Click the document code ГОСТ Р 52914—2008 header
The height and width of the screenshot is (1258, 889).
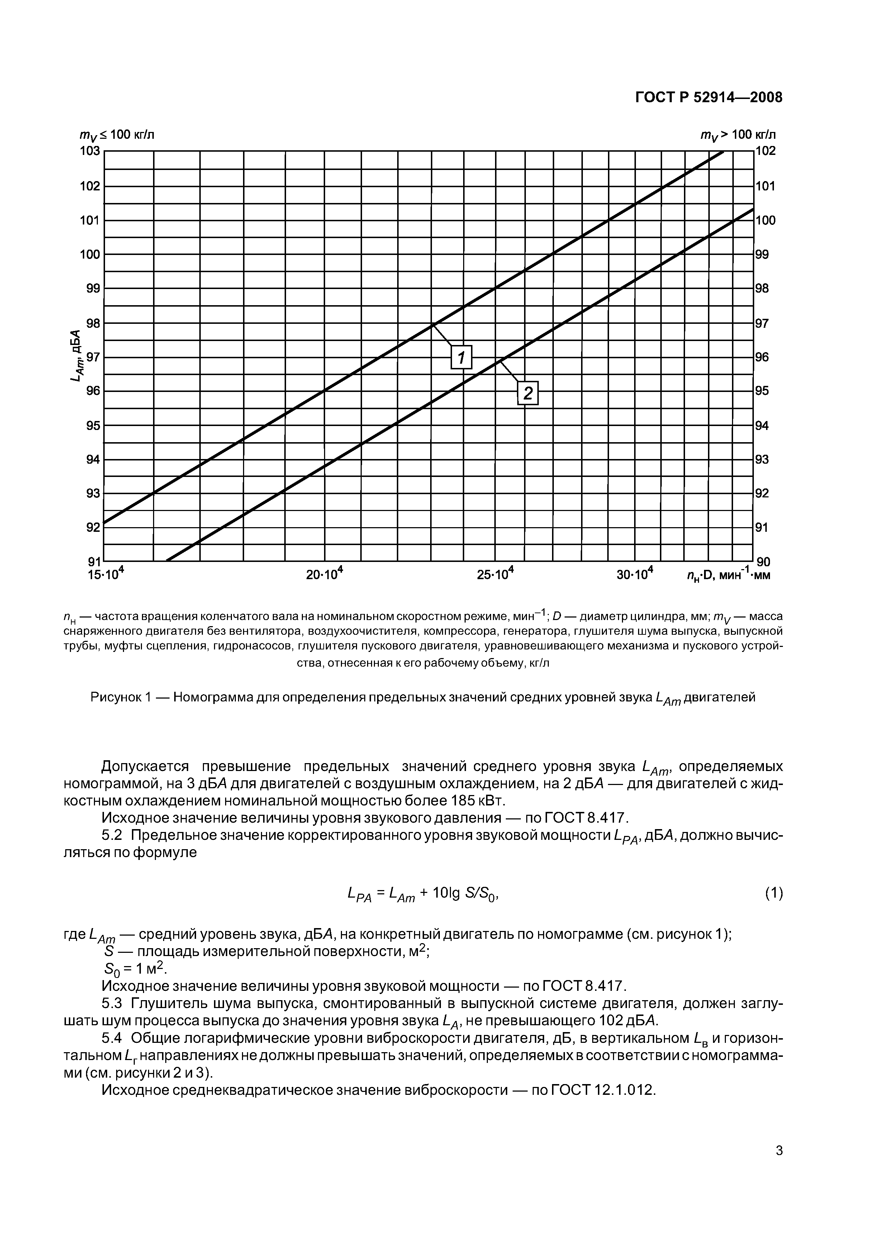tap(708, 98)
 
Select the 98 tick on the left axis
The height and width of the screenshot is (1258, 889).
tap(93, 323)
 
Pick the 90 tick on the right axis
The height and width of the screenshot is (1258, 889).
tap(763, 562)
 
